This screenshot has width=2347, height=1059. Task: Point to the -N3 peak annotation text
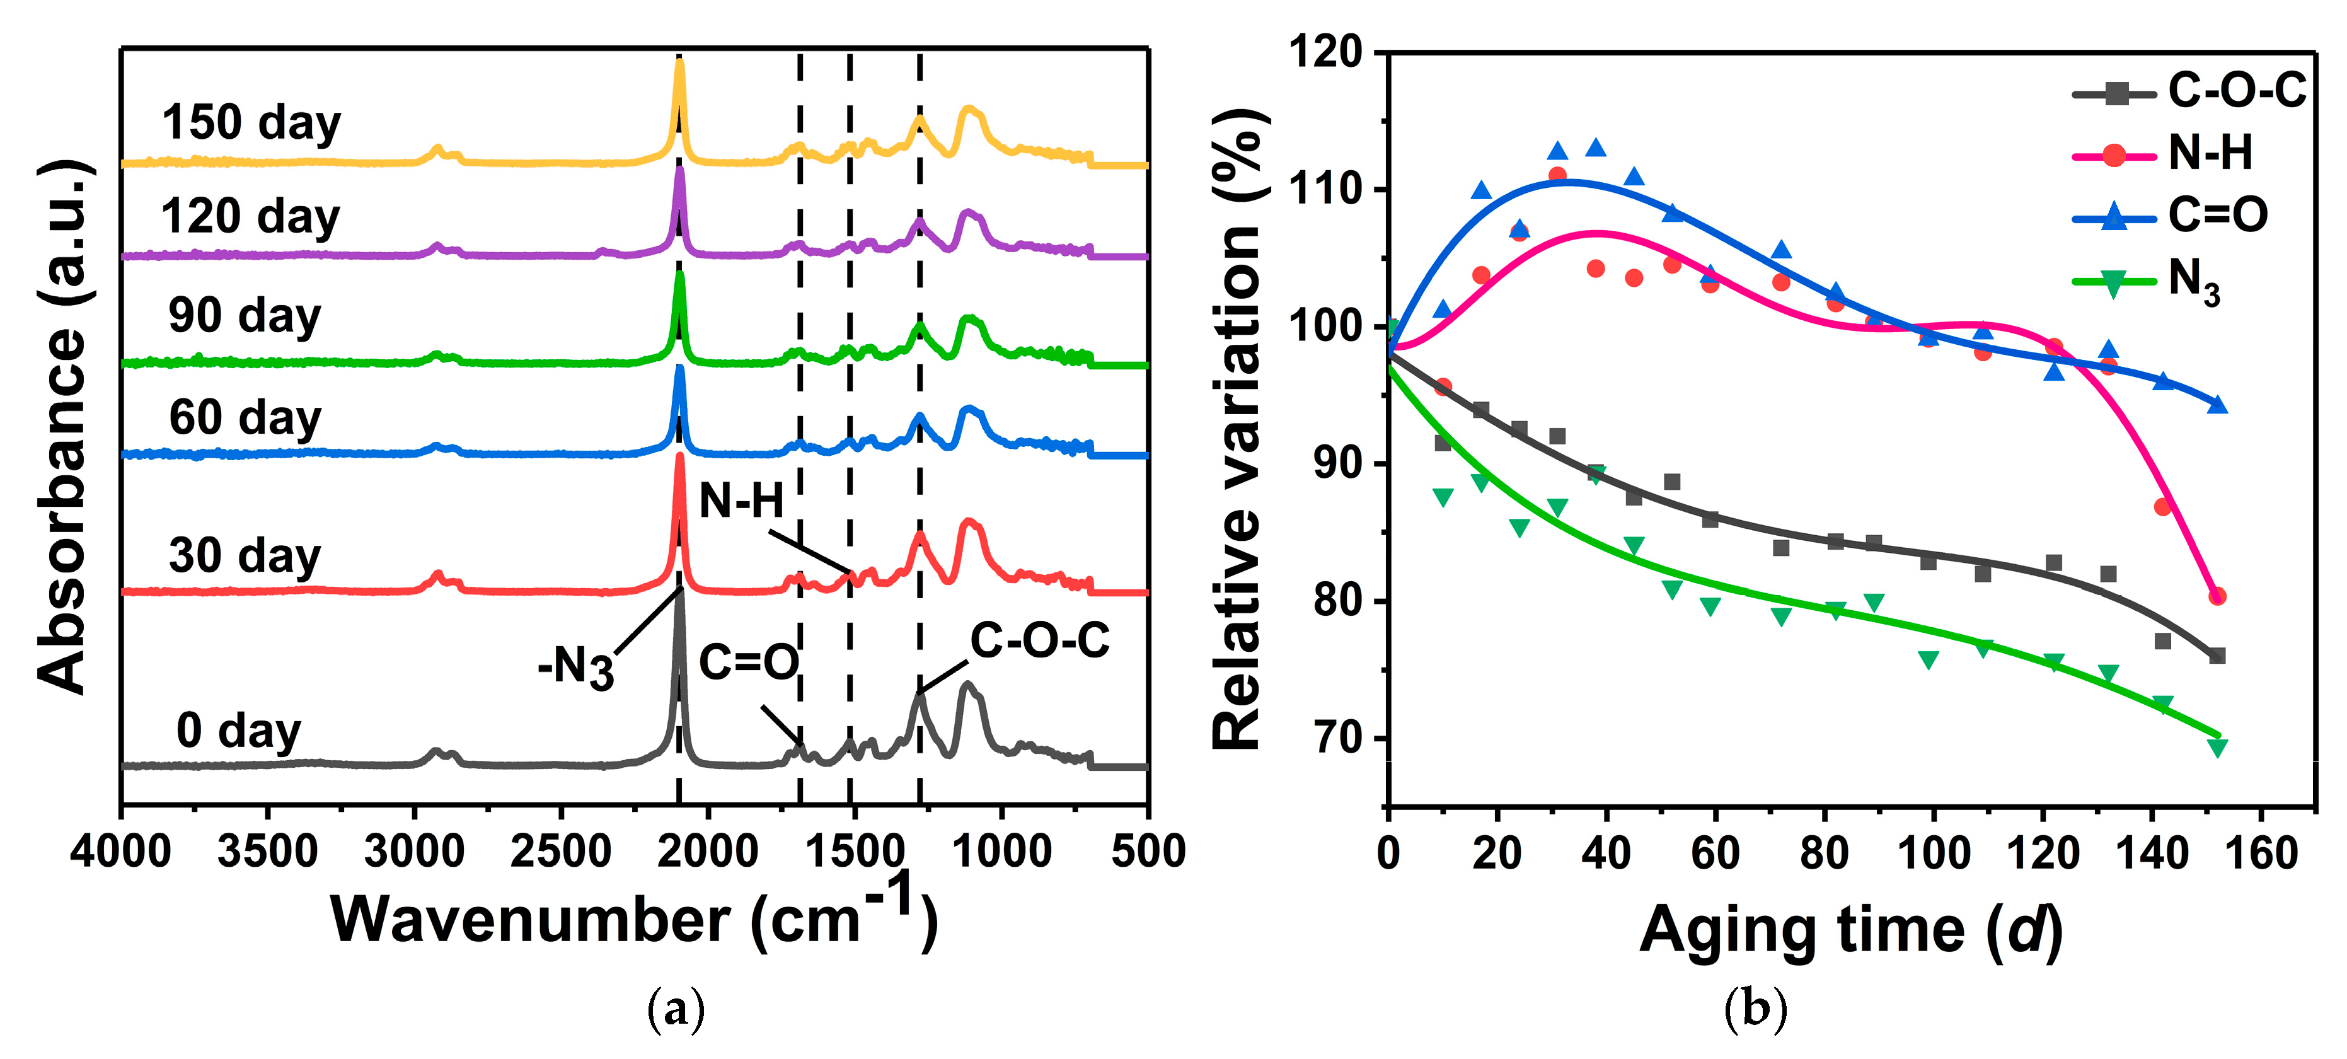pyautogui.click(x=576, y=667)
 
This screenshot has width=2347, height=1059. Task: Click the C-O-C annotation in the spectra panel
pyautogui.click(x=1039, y=640)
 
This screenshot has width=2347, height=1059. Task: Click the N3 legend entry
pyautogui.click(x=2194, y=280)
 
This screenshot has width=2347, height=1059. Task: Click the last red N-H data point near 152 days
pyautogui.click(x=2217, y=596)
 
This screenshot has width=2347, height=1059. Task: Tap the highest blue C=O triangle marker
pyautogui.click(x=1595, y=148)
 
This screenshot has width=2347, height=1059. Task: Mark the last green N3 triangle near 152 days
pyautogui.click(x=2217, y=748)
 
